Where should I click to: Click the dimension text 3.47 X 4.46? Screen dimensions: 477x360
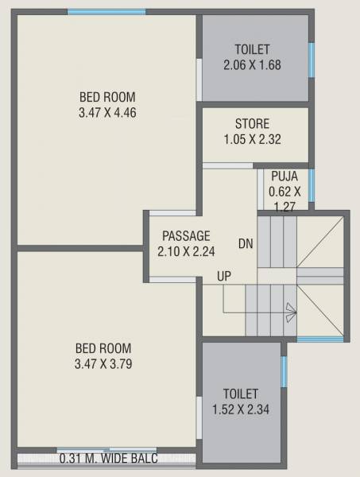click(107, 112)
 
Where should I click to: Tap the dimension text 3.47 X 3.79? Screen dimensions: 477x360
click(103, 363)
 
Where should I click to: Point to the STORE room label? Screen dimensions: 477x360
click(252, 124)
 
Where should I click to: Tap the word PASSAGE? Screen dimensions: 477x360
click(186, 236)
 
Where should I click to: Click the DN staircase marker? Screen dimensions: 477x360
click(246, 244)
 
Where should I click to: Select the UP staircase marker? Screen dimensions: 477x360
click(225, 277)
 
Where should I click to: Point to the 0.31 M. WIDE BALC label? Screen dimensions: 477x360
click(108, 459)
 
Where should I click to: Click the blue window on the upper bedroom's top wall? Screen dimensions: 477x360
click(106, 11)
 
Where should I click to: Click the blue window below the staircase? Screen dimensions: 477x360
click(320, 339)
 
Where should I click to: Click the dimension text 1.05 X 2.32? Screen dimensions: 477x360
click(252, 139)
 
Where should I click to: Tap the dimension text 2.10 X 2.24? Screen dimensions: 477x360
click(186, 251)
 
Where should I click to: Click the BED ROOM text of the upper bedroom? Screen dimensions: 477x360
click(107, 98)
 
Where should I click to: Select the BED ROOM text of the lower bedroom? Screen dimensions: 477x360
click(103, 348)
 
